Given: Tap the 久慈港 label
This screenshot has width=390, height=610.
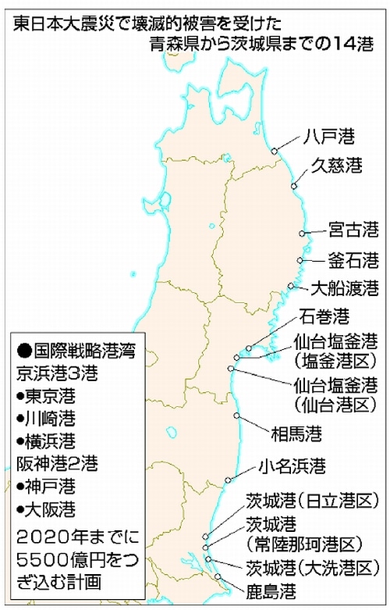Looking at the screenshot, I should (x=337, y=166).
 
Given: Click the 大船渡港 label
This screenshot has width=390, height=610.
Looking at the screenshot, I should (x=344, y=288).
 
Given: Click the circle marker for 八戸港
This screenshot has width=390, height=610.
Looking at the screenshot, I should (x=274, y=152).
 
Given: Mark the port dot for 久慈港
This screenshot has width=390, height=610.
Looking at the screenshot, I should (x=294, y=185).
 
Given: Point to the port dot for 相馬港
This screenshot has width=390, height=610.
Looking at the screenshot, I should (x=240, y=415).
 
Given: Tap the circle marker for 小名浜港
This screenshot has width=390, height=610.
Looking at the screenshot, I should (x=229, y=480).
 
